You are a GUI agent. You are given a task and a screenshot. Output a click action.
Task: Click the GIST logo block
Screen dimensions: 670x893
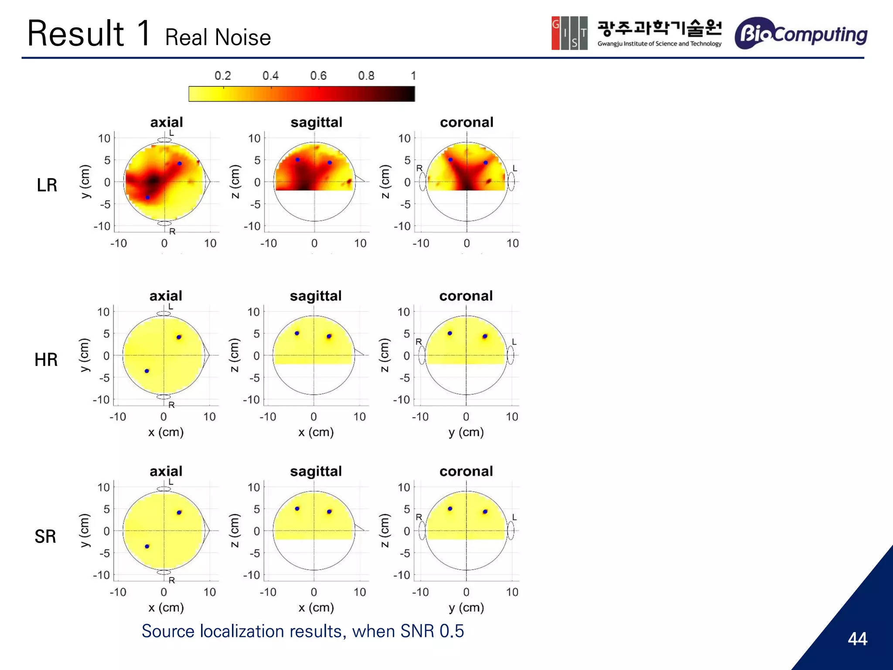569,33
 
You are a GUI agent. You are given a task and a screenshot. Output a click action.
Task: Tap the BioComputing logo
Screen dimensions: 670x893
801,33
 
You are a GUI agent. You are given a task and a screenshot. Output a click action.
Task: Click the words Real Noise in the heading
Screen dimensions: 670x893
218,38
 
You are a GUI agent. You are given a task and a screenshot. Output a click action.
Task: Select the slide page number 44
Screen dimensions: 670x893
857,639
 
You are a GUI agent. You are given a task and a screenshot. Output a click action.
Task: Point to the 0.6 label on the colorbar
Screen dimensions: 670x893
318,76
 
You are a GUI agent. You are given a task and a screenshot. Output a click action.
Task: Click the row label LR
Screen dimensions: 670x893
47,185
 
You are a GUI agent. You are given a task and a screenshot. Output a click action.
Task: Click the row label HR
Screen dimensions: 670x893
46,360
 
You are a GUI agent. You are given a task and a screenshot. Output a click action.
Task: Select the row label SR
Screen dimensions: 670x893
45,536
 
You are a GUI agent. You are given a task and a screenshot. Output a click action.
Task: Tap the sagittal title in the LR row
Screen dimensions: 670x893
316,122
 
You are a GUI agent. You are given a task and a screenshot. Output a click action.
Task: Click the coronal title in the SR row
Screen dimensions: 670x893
466,471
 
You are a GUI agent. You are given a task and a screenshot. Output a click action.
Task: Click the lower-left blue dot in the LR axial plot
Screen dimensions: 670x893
147,198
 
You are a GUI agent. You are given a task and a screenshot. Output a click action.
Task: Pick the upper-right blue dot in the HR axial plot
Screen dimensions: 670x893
179,337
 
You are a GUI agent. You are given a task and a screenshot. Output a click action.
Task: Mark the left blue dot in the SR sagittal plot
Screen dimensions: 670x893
297,509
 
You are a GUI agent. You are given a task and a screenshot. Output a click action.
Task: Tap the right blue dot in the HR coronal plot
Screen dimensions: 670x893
485,336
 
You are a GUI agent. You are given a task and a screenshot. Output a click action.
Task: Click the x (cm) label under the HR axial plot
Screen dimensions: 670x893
166,432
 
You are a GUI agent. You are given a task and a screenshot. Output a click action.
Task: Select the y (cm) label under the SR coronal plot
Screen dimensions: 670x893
466,607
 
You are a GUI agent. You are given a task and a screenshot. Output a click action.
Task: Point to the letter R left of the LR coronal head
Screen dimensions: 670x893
419,168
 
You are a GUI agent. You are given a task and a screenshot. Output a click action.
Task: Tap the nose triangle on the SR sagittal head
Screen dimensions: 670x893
359,529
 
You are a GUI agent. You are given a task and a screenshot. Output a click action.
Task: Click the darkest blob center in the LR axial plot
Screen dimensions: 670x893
153,180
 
